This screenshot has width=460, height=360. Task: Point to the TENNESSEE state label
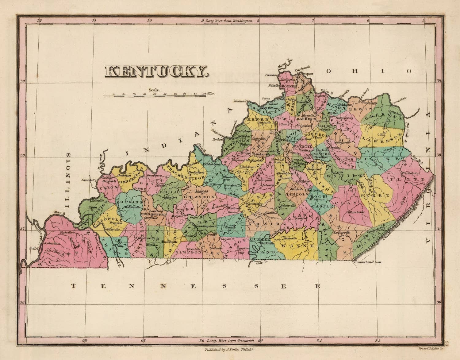196,286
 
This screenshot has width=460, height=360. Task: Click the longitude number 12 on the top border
39,21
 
